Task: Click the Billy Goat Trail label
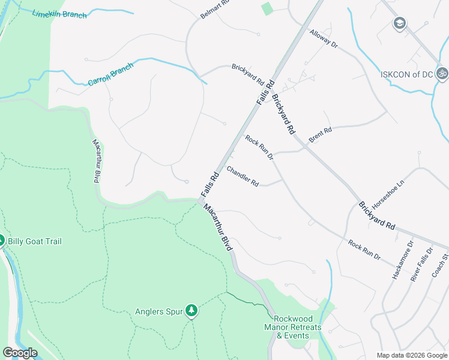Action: pos(34,241)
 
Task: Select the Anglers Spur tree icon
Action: pos(191,310)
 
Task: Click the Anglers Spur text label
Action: pos(158,311)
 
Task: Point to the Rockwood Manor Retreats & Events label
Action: pos(292,327)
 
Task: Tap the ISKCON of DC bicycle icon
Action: pos(442,74)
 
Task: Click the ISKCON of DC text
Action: pos(407,75)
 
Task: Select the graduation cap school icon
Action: pos(399,23)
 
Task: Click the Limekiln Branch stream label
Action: pos(59,14)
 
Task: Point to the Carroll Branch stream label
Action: pos(110,74)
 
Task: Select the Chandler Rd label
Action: pos(242,176)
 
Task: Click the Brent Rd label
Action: pos(320,134)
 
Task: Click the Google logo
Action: pos(20,353)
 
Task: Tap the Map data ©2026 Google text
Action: pos(411,355)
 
